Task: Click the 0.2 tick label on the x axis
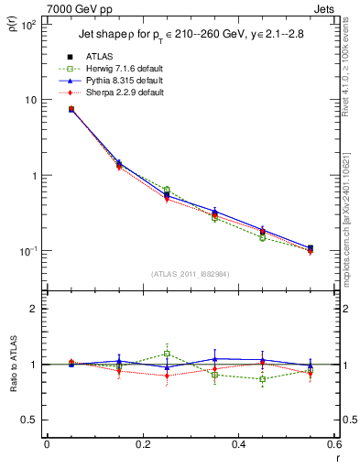coord(142,445)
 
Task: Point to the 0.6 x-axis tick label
coord(331,445)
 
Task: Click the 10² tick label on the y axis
coord(27,25)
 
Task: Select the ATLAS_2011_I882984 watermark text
coord(190,275)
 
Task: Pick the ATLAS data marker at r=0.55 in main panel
coord(311,248)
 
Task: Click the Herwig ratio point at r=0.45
coord(263,379)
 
